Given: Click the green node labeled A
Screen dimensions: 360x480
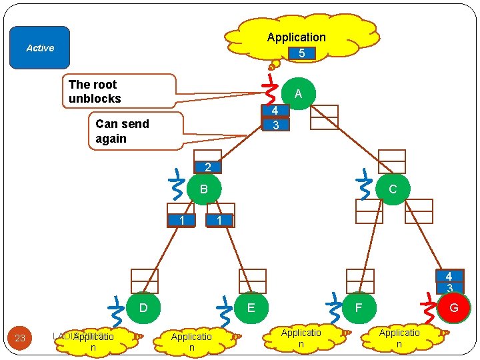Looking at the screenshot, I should [298, 94].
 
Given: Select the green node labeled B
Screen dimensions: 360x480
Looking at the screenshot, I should [204, 189].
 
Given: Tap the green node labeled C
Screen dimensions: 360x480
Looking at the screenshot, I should [393, 189].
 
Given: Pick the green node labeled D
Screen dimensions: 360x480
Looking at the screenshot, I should [143, 308].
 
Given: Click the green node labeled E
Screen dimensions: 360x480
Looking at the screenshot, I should [251, 308].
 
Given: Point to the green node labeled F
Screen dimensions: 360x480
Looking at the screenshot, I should [359, 308].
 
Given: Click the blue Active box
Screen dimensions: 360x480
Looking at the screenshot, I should [39, 48].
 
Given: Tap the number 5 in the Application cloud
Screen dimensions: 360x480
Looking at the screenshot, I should [301, 53].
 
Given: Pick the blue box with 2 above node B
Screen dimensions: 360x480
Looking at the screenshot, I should [207, 167].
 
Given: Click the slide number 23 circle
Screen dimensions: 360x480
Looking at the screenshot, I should [20, 338].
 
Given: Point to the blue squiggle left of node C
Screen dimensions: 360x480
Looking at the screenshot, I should [364, 185].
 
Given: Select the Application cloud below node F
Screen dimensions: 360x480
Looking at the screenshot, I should [301, 337].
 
